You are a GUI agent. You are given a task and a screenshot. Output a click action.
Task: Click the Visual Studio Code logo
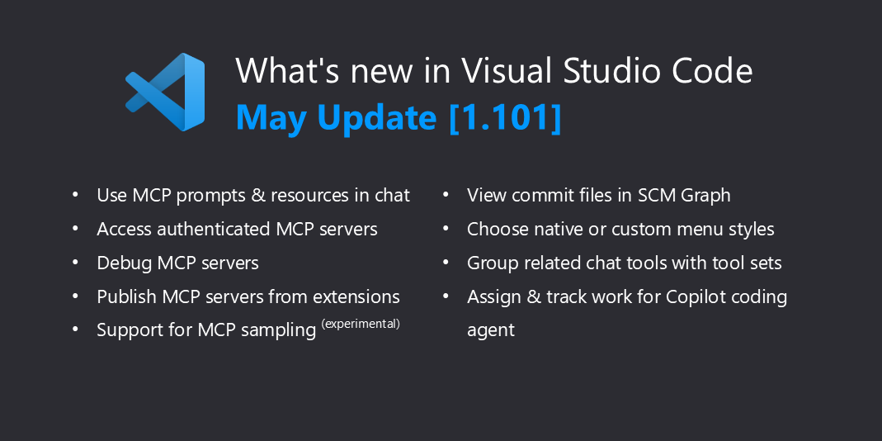(x=165, y=92)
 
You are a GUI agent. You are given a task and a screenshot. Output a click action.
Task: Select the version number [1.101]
(x=505, y=116)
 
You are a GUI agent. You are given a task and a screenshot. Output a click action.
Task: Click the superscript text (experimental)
(x=361, y=323)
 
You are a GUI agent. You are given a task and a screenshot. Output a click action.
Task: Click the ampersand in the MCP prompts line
(x=258, y=196)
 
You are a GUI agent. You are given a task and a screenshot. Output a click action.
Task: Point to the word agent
(x=490, y=331)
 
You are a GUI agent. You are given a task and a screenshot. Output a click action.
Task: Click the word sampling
(x=278, y=331)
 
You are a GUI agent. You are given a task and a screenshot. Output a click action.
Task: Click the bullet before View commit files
(x=446, y=194)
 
